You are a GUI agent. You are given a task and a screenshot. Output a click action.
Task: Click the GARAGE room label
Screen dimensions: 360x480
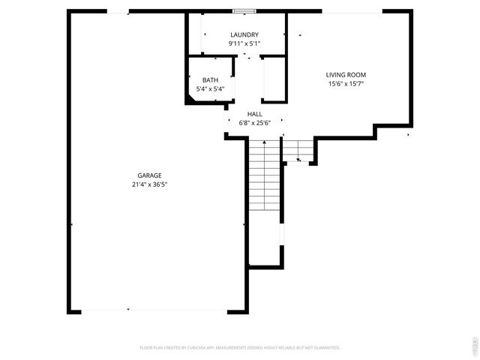[x=149, y=175]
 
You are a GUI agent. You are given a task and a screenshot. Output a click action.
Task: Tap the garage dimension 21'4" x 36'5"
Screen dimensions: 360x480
[x=149, y=184]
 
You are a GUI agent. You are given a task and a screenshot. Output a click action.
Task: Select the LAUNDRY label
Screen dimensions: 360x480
[x=244, y=34]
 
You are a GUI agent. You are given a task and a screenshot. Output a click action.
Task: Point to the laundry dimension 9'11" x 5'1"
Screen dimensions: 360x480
[x=244, y=43]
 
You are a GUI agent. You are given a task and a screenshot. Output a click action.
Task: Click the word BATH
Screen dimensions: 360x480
[x=210, y=80]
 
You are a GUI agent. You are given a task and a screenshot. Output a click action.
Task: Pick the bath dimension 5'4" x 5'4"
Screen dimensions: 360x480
[x=210, y=89]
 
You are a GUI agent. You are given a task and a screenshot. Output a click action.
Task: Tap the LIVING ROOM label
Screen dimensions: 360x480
[x=346, y=74]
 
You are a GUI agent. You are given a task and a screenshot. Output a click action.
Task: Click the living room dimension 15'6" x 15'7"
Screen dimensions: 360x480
[x=346, y=84]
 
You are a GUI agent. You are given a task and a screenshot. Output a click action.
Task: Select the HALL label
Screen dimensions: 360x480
[x=255, y=114]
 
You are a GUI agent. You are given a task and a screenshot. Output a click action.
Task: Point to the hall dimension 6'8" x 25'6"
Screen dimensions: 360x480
[x=255, y=123]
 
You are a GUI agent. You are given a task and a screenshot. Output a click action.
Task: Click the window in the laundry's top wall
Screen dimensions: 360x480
[x=243, y=11]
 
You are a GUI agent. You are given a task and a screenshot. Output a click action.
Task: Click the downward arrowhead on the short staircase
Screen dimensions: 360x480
[x=298, y=160]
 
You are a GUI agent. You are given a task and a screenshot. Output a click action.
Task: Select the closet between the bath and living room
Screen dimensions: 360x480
[x=274, y=78]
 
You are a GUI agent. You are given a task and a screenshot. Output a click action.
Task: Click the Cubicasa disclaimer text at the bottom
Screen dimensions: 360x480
[x=240, y=348]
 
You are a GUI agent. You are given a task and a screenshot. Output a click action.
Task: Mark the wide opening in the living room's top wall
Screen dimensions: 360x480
[x=352, y=11]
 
